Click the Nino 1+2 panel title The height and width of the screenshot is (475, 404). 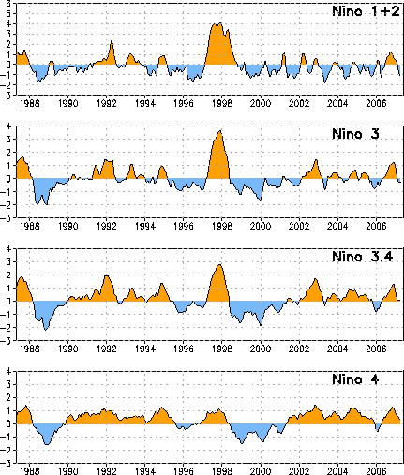pos(366,11)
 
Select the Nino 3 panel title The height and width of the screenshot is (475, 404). pos(355,134)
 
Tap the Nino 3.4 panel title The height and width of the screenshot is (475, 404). pos(363,257)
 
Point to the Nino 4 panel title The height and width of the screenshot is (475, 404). pos(355,379)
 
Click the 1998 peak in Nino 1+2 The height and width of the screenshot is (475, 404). pos(220,23)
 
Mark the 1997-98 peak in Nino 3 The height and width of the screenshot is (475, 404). pos(220,131)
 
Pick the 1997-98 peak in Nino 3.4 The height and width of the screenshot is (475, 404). pos(219,265)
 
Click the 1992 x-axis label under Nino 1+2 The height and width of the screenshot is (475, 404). pos(107,103)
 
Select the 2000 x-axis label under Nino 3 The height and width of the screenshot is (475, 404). pos(261,226)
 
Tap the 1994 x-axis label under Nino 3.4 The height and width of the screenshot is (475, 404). pos(145,349)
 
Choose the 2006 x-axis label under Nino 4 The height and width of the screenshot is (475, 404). pos(376,471)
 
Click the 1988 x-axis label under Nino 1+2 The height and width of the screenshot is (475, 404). pos(30,103)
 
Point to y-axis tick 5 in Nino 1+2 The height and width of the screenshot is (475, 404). pos(8,13)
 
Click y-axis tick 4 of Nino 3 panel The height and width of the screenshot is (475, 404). pos(8,126)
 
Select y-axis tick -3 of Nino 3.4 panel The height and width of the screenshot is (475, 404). pos(7,341)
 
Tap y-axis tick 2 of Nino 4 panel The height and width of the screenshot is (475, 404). pos(8,397)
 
